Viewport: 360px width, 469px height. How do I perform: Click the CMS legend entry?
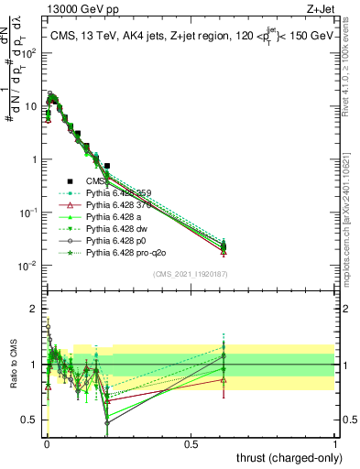(x=109, y=181)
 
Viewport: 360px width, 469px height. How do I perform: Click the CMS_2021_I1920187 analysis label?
(x=191, y=274)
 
